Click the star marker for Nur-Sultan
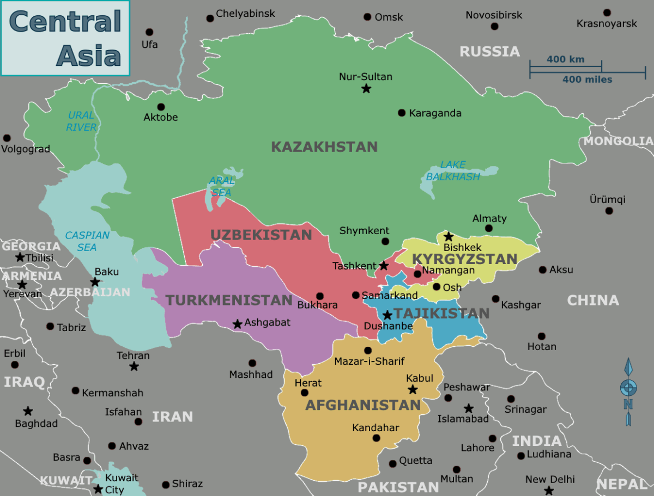click(366, 88)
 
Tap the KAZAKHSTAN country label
click(324, 147)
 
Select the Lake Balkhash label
click(453, 171)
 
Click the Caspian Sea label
click(87, 241)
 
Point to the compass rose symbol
click(628, 388)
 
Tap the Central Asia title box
click(65, 38)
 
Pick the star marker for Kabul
click(413, 389)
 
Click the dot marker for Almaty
click(488, 228)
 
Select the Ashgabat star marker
click(237, 324)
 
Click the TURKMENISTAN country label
click(229, 300)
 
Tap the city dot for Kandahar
click(376, 438)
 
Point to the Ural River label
click(81, 121)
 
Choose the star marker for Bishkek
click(448, 236)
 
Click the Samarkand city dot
click(355, 295)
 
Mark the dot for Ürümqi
click(609, 211)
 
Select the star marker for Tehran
click(134, 366)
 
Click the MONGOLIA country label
click(618, 141)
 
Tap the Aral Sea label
click(221, 186)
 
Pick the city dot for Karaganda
click(402, 113)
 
